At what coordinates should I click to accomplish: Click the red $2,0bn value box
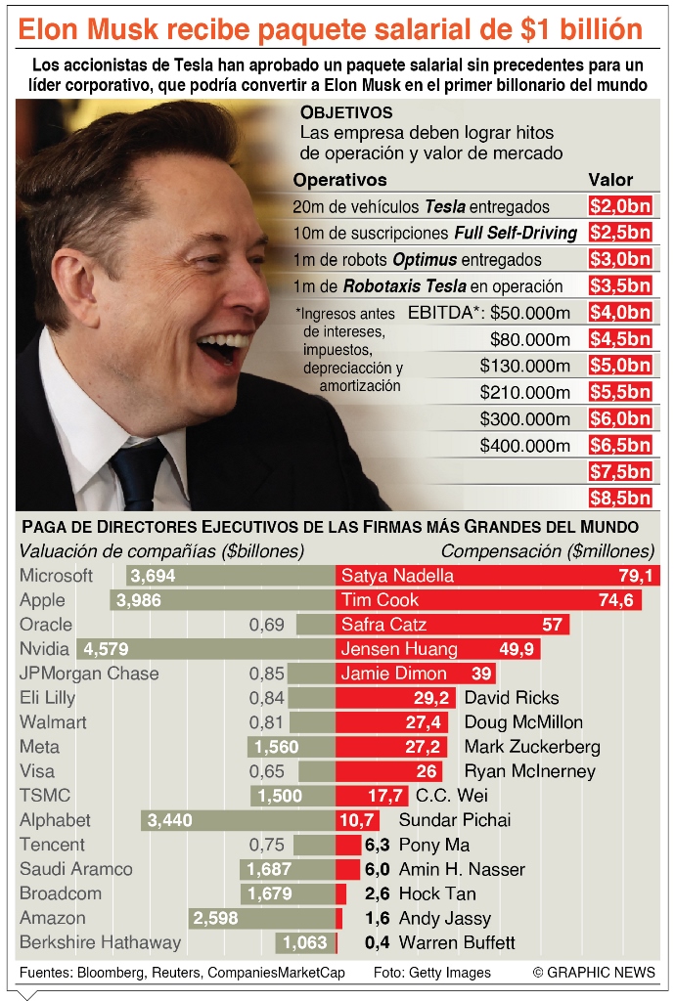click(x=620, y=206)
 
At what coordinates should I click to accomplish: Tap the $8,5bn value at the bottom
click(x=620, y=498)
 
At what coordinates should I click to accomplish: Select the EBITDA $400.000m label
click(x=524, y=445)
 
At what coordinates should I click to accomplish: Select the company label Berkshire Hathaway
click(x=100, y=942)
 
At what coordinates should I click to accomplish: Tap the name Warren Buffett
click(x=457, y=943)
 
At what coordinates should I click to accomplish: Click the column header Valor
click(x=609, y=180)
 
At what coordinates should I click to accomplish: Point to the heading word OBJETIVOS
click(x=346, y=112)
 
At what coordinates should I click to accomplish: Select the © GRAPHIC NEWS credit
click(x=594, y=973)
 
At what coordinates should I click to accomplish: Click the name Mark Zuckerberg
click(x=532, y=747)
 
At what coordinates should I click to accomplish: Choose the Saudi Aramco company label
click(x=76, y=869)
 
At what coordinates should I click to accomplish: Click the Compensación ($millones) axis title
click(x=548, y=551)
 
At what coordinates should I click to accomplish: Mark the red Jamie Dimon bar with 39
click(x=415, y=674)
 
